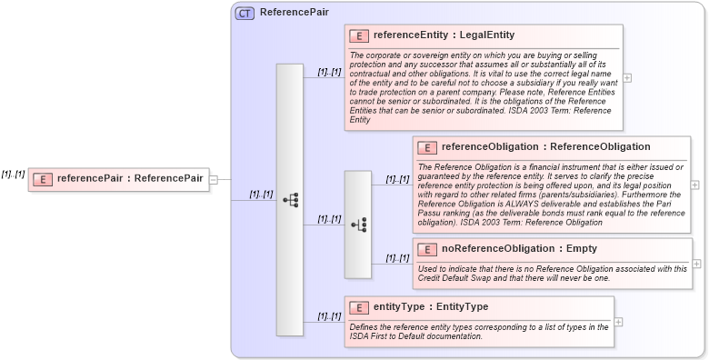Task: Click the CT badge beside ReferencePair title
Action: pos(245,14)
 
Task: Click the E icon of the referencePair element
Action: pos(42,178)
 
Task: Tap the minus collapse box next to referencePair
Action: pos(214,179)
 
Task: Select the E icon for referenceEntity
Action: pos(359,36)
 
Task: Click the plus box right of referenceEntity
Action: pos(627,78)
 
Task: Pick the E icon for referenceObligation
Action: pos(426,147)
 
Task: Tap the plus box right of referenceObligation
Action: pos(695,185)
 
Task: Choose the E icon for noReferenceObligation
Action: pos(426,249)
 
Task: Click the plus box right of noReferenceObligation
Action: pos(697,264)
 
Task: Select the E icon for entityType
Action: pos(359,307)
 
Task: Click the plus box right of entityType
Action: pos(618,322)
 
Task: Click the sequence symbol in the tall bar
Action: pos(290,200)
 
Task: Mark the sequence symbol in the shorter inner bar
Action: pos(358,224)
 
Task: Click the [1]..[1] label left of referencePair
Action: pos(13,174)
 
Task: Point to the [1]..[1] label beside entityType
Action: pos(329,316)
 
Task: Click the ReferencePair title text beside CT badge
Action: pos(294,14)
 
